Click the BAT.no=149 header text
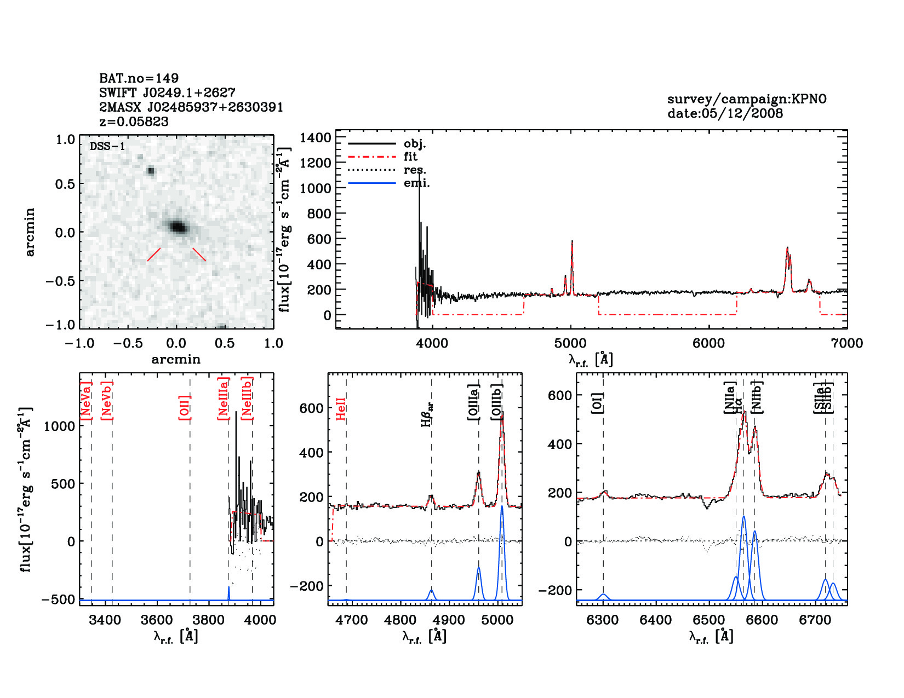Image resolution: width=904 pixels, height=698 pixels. pos(139,78)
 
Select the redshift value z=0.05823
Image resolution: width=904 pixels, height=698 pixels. pos(134,122)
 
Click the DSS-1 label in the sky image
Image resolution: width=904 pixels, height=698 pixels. pos(107,146)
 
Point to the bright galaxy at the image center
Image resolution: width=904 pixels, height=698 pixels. pos(178,227)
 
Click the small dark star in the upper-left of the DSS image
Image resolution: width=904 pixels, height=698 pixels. pos(151,171)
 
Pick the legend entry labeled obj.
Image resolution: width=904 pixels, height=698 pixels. pos(414,144)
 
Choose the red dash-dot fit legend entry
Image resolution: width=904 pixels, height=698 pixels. pos(410,157)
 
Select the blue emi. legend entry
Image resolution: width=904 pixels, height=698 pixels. pos(416,183)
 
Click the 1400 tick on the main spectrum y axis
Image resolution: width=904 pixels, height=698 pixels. pos(316,137)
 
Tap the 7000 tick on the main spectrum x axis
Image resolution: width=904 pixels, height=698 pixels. pos(847,343)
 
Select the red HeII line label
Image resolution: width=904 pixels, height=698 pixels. pos(341,409)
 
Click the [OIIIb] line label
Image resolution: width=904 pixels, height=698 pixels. pos(497,402)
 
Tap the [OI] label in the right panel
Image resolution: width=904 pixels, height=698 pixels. pos(597,403)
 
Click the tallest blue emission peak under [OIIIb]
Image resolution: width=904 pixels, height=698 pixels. pos(502,507)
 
